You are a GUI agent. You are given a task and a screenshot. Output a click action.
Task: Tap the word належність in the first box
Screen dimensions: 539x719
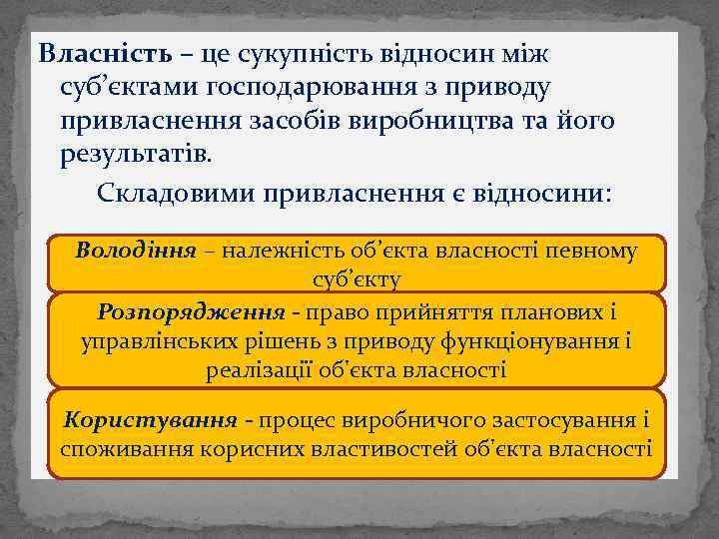285,250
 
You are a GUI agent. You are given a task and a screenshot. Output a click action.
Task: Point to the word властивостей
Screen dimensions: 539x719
380,449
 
